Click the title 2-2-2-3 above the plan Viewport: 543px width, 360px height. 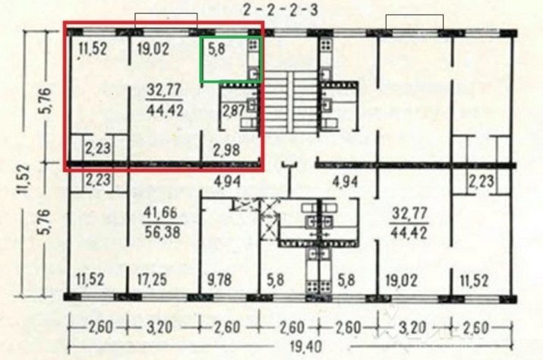(x=280, y=10)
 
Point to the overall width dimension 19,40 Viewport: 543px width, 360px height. (x=301, y=346)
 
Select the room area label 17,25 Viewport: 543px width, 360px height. (x=152, y=279)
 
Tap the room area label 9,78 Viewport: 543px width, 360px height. (x=219, y=279)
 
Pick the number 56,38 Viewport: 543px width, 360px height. (x=163, y=232)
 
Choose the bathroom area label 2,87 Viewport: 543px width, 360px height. (x=234, y=111)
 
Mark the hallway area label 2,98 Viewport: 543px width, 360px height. (x=227, y=150)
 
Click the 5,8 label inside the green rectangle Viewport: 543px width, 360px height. (x=216, y=49)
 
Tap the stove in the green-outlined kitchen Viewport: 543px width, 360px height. (x=253, y=44)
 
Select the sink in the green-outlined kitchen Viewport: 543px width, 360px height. (x=254, y=74)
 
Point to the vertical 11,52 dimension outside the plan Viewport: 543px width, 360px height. (x=24, y=178)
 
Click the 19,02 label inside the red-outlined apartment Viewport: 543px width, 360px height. (x=153, y=49)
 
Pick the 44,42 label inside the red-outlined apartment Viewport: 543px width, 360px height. (x=165, y=111)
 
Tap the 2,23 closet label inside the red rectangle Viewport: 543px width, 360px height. (x=98, y=148)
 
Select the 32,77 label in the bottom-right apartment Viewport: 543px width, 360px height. (x=409, y=213)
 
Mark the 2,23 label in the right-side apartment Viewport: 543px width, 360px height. (x=481, y=182)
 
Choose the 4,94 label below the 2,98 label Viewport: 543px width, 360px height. (x=227, y=182)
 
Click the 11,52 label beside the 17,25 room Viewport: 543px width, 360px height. (x=90, y=279)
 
